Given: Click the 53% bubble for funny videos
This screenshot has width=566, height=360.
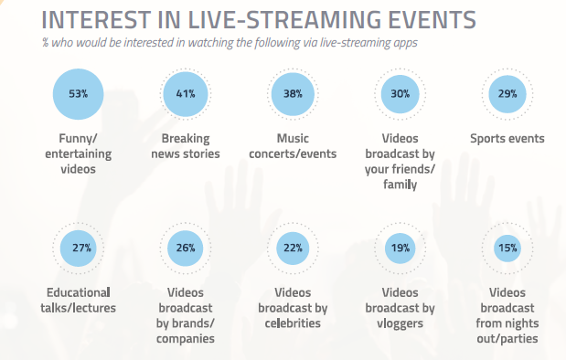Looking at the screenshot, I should (x=81, y=93).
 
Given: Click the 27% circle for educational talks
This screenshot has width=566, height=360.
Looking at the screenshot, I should (x=81, y=248).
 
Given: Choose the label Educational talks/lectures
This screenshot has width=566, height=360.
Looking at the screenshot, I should (x=81, y=301).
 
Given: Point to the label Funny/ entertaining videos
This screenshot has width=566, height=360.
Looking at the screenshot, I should (x=81, y=154).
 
